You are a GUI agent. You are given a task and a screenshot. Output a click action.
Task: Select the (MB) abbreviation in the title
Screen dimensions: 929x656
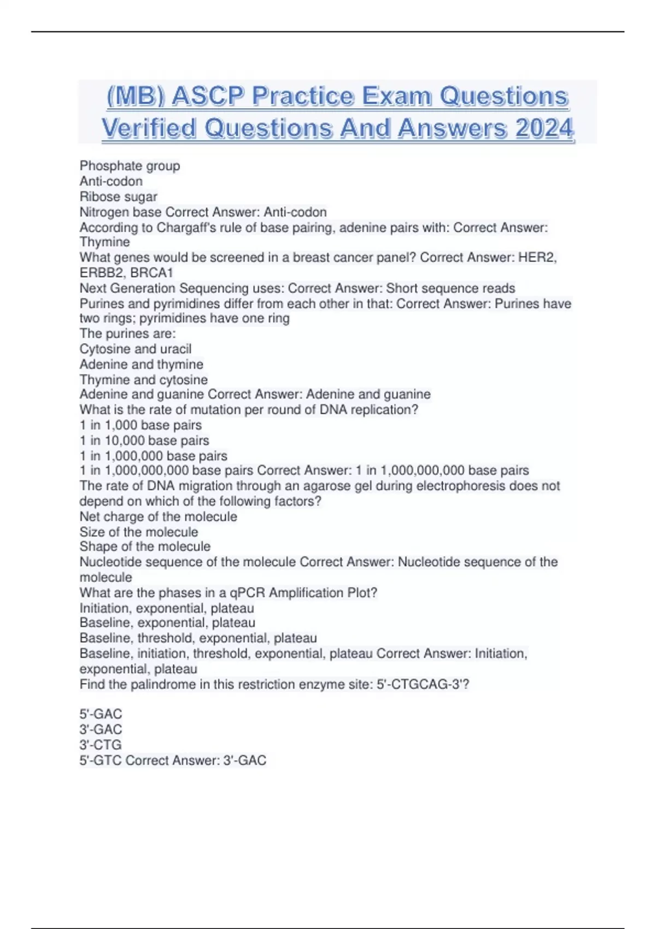click(135, 97)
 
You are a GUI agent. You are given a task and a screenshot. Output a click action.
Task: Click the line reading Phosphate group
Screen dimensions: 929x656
click(130, 166)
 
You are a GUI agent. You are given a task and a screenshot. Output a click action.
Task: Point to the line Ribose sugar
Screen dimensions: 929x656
click(118, 197)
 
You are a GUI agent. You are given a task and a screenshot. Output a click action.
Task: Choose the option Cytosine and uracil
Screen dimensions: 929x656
click(135, 349)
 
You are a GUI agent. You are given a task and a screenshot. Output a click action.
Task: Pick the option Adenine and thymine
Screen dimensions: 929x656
click(141, 364)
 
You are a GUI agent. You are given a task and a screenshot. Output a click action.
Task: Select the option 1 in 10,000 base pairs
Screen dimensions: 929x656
click(144, 440)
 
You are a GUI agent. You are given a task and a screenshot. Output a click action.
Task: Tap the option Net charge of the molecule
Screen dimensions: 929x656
click(158, 516)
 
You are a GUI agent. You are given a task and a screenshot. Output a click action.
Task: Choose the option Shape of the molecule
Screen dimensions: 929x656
click(145, 546)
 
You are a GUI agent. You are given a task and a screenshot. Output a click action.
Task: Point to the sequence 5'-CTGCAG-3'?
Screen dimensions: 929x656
click(423, 684)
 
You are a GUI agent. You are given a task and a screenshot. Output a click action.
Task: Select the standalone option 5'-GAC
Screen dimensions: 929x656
click(101, 714)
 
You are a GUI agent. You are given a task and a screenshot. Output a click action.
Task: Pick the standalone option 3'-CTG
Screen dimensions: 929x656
click(101, 745)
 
